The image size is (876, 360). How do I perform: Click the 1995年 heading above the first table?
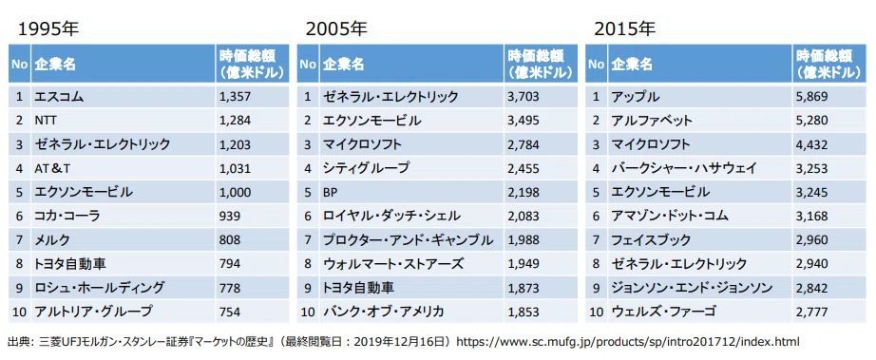pyautogui.click(x=48, y=29)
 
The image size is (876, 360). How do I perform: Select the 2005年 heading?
pyautogui.click(x=336, y=29)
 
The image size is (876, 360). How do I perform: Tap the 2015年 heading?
pyautogui.click(x=624, y=29)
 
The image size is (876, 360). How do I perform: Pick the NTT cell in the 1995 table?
pyautogui.click(x=45, y=121)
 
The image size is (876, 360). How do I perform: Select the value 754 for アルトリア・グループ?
pyautogui.click(x=230, y=312)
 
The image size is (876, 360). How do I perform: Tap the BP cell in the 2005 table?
pyautogui.click(x=331, y=192)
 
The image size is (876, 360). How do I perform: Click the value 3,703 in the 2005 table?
pyautogui.click(x=524, y=97)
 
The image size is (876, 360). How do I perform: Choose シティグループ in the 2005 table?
pyautogui.click(x=366, y=168)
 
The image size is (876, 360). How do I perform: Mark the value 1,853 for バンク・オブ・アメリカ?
pyautogui.click(x=524, y=312)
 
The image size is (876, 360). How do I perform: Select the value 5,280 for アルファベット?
pyautogui.click(x=811, y=121)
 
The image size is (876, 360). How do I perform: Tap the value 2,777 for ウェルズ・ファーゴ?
pyautogui.click(x=811, y=312)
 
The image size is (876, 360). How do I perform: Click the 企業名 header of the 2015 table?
pyautogui.click(x=632, y=65)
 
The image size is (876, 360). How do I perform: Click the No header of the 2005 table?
pyautogui.click(x=308, y=65)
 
